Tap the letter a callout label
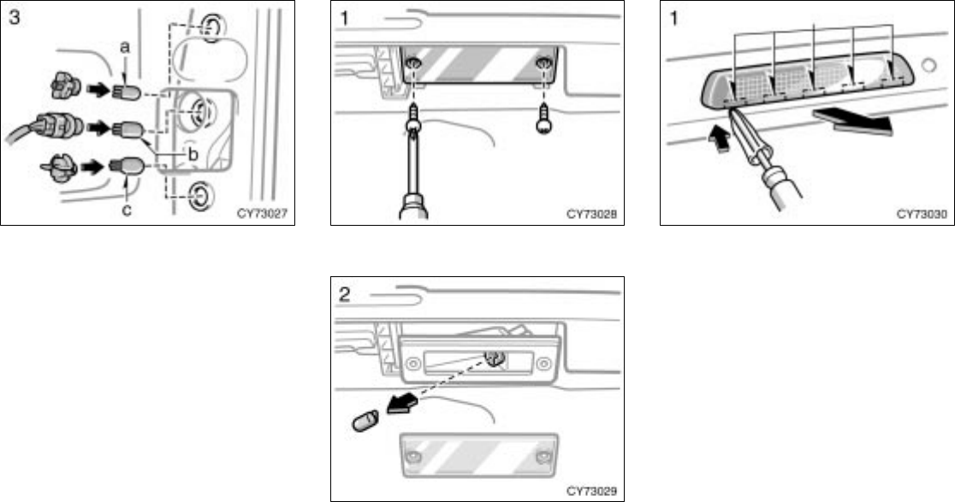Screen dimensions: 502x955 click(125, 50)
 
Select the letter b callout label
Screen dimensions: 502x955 click(193, 156)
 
